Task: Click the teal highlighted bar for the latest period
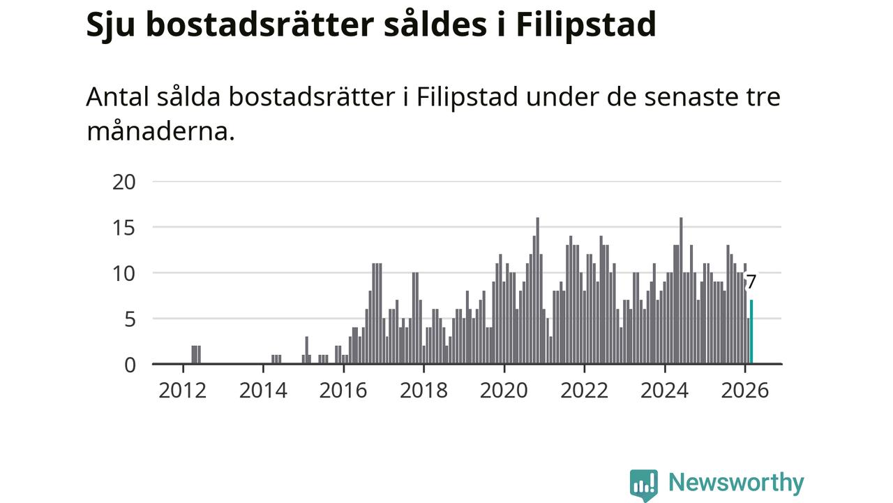coord(751,333)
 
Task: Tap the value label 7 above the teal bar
coord(751,283)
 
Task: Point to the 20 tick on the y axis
coord(123,182)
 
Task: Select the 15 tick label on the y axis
coord(123,228)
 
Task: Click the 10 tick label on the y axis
coord(123,273)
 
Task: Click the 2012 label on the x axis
coord(183,389)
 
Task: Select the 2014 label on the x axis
coord(263,389)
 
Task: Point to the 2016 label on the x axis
coord(343,389)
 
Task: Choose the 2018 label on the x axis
coord(423,389)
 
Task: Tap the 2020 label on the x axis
coord(504,389)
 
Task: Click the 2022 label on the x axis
coord(585,389)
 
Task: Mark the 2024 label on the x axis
coord(665,389)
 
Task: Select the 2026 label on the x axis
coord(745,389)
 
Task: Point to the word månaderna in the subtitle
coord(160,131)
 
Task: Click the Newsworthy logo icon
coord(643,484)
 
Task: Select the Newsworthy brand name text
coord(736,483)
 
